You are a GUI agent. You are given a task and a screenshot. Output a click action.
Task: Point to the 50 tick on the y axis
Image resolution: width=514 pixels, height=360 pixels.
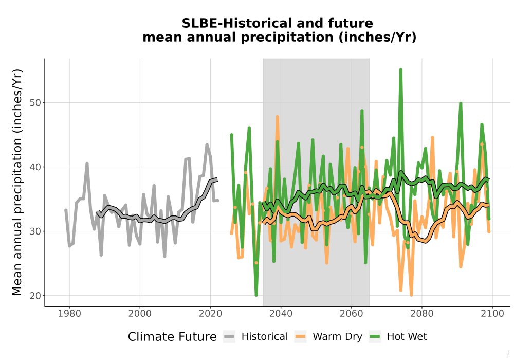coord(36,103)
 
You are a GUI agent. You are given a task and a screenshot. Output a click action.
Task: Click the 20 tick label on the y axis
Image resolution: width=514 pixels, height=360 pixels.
coord(36,295)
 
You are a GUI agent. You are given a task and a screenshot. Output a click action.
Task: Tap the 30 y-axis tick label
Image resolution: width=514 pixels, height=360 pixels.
coord(36,231)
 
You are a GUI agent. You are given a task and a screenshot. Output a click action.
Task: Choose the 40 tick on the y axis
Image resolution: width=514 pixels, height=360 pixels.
coord(36,167)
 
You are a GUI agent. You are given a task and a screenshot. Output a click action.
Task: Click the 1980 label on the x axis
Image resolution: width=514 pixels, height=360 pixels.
coord(69,314)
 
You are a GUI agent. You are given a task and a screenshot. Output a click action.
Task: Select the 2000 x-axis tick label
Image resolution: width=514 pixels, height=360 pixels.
coord(140,314)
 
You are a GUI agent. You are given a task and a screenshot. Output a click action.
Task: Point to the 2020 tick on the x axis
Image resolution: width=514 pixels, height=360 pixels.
coord(210,314)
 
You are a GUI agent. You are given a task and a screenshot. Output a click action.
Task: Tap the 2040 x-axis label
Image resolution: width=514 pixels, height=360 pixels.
coord(281,314)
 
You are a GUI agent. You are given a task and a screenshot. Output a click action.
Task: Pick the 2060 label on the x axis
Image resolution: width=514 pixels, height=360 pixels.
coord(351,314)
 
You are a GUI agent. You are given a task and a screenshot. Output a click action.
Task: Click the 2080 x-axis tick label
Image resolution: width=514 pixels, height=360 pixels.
coord(421,314)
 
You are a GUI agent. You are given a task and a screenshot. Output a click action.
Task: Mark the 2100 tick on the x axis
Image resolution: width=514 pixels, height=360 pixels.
coord(492,314)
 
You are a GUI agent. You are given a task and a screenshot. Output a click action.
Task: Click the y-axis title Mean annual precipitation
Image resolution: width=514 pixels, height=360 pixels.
coord(17,182)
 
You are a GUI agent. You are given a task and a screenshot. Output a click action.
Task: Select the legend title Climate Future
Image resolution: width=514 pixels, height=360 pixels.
coord(172,337)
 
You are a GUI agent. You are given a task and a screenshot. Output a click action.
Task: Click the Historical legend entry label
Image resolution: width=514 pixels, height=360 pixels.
coord(265,337)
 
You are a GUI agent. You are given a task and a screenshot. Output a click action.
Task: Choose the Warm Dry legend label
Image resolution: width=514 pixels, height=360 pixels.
coord(337,337)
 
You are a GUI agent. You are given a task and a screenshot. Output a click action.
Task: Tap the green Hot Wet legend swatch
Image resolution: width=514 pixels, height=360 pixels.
coord(375,336)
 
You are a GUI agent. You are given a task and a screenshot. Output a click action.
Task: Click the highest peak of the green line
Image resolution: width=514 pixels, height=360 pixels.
coord(400,69)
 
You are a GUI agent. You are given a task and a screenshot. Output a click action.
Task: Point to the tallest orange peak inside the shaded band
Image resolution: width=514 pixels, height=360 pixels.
coord(278,117)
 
